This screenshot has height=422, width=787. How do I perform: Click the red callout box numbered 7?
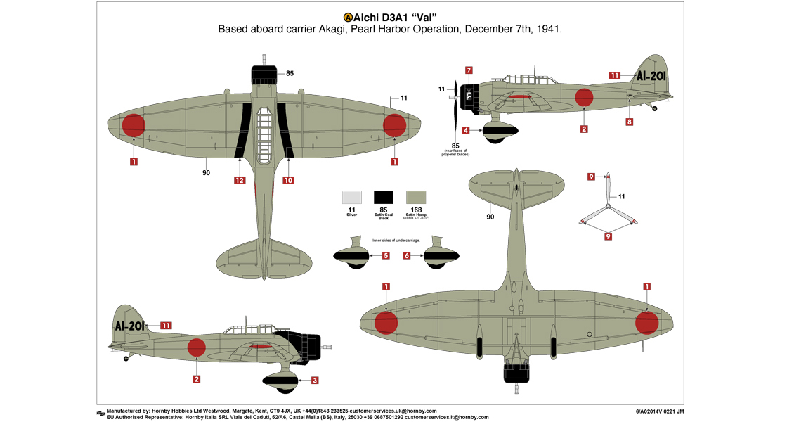pos(469,70)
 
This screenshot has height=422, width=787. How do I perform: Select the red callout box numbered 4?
pos(466,130)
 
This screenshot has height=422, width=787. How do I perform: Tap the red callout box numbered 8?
pos(629,122)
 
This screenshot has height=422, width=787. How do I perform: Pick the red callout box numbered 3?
pos(314,381)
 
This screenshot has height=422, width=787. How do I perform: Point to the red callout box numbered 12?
pos(240,181)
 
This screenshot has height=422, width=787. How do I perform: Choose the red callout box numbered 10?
pos(288,181)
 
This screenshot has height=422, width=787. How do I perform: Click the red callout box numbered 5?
pos(386,256)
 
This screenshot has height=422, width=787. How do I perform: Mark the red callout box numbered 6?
pos(407,256)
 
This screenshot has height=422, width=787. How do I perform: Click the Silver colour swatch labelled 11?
pos(352,197)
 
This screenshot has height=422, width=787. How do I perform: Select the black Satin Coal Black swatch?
pos(384,197)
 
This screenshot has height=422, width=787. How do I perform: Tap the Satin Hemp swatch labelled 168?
pos(416,197)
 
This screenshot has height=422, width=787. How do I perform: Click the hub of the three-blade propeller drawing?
pos(609,207)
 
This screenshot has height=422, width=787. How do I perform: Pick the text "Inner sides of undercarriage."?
pos(396,241)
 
